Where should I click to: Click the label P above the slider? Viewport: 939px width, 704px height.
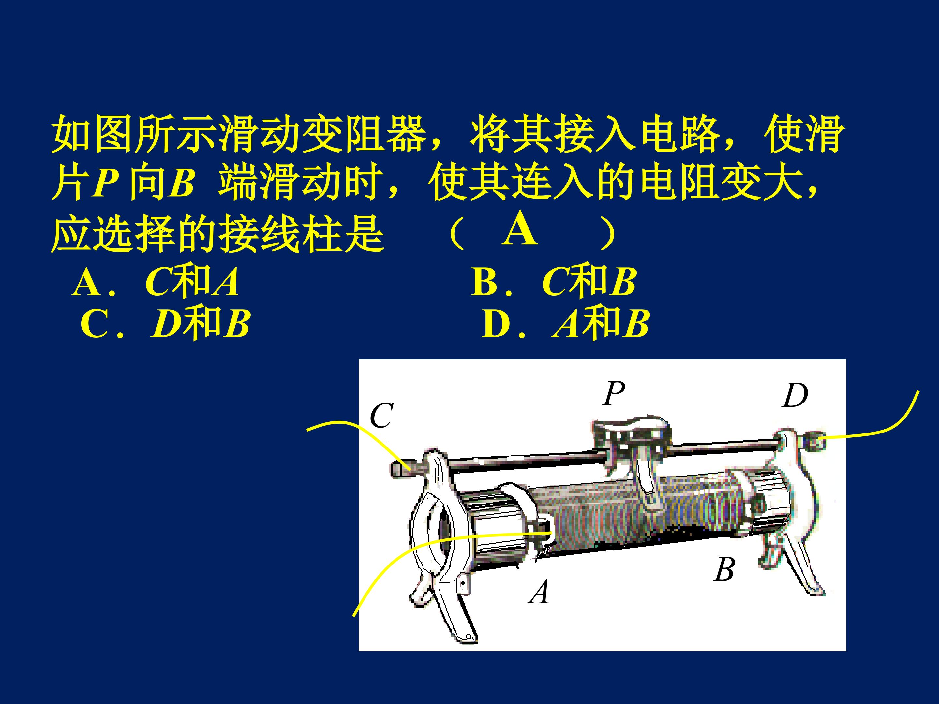tap(614, 393)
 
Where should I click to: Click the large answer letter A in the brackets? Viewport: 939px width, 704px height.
tap(520, 229)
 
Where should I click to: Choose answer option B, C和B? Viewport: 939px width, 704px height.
tap(554, 282)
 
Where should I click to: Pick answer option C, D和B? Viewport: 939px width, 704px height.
tap(165, 323)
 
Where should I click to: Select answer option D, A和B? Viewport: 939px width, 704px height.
tap(565, 323)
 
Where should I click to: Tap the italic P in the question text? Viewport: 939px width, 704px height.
tap(105, 183)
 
